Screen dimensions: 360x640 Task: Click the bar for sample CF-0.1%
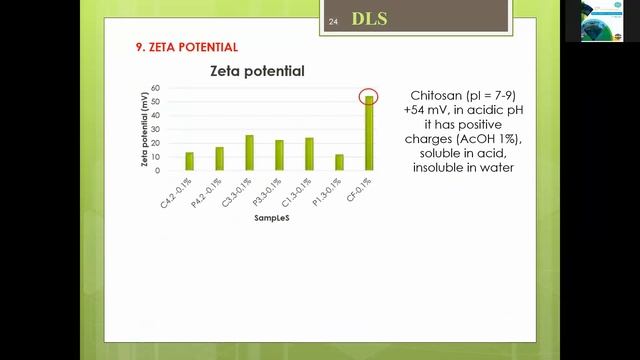[370, 133]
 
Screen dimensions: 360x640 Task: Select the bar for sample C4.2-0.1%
[190, 161]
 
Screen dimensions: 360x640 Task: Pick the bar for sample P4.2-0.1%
[220, 159]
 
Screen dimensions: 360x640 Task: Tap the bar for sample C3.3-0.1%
[250, 152]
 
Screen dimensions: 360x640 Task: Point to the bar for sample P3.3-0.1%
[280, 155]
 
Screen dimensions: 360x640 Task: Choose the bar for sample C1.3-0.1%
[310, 154]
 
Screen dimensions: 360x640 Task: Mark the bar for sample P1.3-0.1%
[340, 162]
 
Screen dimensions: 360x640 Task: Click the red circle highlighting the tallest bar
[370, 96]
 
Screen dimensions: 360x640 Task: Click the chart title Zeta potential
[257, 72]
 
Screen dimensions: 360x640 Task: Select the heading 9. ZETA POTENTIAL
[186, 47]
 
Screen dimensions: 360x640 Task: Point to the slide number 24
[334, 21]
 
